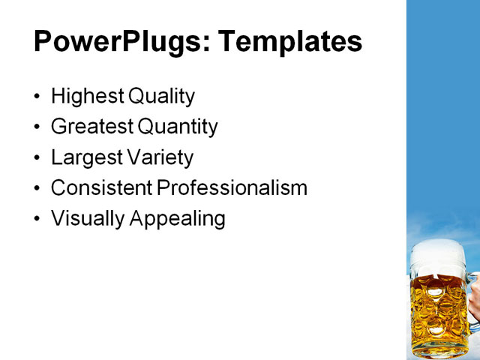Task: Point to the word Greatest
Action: click(x=92, y=127)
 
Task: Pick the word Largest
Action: click(x=85, y=158)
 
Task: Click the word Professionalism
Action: click(x=232, y=187)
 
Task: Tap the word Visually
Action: click(x=88, y=218)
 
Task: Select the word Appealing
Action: click(x=178, y=219)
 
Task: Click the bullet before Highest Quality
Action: click(x=38, y=97)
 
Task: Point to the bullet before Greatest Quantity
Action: click(x=38, y=127)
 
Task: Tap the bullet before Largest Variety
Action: click(x=38, y=158)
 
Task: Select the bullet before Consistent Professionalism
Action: click(x=38, y=188)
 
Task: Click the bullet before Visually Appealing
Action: click(x=38, y=219)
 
